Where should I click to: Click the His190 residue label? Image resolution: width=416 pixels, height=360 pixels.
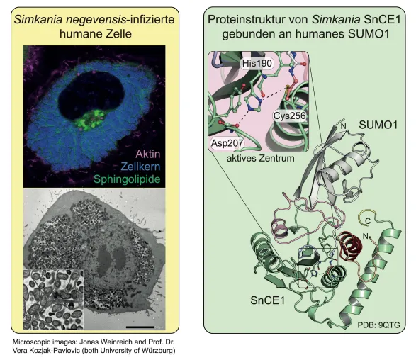(257, 63)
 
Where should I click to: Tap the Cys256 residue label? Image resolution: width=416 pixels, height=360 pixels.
(289, 116)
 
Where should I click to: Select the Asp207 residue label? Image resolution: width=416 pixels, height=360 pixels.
(227, 143)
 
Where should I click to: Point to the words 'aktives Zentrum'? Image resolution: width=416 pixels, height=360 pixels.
(260, 158)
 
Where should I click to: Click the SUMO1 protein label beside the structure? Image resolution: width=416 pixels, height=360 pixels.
(378, 125)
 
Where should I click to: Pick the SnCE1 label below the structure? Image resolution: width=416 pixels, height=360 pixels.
(267, 300)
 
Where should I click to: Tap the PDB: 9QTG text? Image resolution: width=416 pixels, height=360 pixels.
(378, 325)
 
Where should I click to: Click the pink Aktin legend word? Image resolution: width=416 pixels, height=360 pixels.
(148, 154)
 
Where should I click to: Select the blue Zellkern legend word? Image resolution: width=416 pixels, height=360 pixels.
(140, 167)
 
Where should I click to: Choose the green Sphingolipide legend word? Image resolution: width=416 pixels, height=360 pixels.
(127, 179)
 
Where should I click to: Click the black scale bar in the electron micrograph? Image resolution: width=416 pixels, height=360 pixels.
(140, 327)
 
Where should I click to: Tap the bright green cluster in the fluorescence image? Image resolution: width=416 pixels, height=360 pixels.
(89, 120)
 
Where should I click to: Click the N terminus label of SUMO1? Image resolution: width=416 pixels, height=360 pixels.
(344, 126)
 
